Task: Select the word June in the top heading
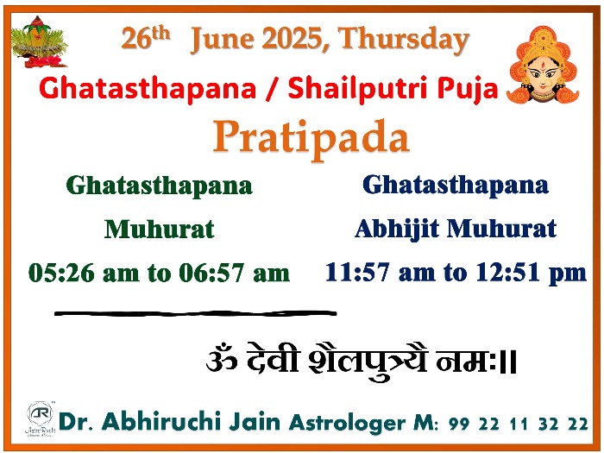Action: point(222,40)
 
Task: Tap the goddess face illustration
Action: point(543,65)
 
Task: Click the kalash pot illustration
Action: point(39,41)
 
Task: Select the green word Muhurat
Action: point(159,230)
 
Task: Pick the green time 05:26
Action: point(61,273)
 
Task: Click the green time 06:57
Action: point(211,273)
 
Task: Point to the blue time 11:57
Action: point(357,272)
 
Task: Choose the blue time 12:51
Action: point(507,272)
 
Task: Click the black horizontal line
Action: point(196,313)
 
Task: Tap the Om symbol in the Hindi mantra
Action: point(222,358)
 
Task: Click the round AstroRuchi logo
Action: point(40,413)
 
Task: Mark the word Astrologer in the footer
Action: point(347,424)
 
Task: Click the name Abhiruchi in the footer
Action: point(161,421)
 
